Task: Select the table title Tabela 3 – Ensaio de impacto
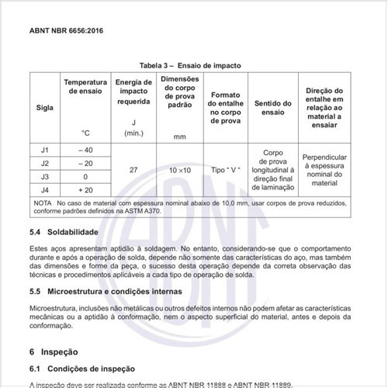tap(193, 66)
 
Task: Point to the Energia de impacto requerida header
tap(134, 91)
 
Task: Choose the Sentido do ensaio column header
tap(272, 108)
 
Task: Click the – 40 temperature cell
tap(85, 149)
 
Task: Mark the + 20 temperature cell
tap(85, 189)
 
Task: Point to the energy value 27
tap(133, 169)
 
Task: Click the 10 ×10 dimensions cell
tap(180, 169)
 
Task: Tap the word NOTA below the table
tap(43, 203)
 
